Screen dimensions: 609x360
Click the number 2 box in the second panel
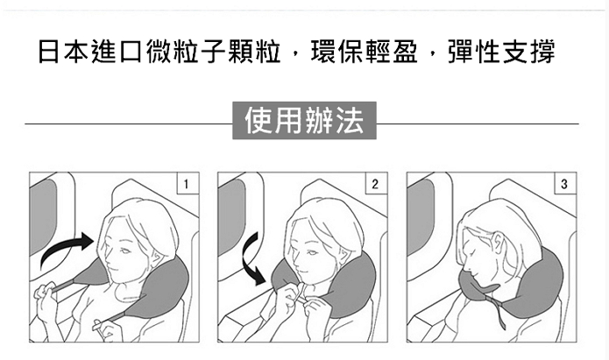tap(376, 183)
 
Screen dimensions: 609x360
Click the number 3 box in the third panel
tap(565, 183)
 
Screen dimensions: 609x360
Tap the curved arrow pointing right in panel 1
tap(67, 249)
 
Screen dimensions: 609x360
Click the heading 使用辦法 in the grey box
tap(304, 120)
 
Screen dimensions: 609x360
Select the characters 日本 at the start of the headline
tap(64, 52)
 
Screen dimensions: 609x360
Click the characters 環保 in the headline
tap(336, 52)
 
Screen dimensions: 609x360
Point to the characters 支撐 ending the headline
tap(529, 52)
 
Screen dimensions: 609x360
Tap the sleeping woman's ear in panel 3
tap(499, 242)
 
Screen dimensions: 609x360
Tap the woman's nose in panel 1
tap(110, 258)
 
